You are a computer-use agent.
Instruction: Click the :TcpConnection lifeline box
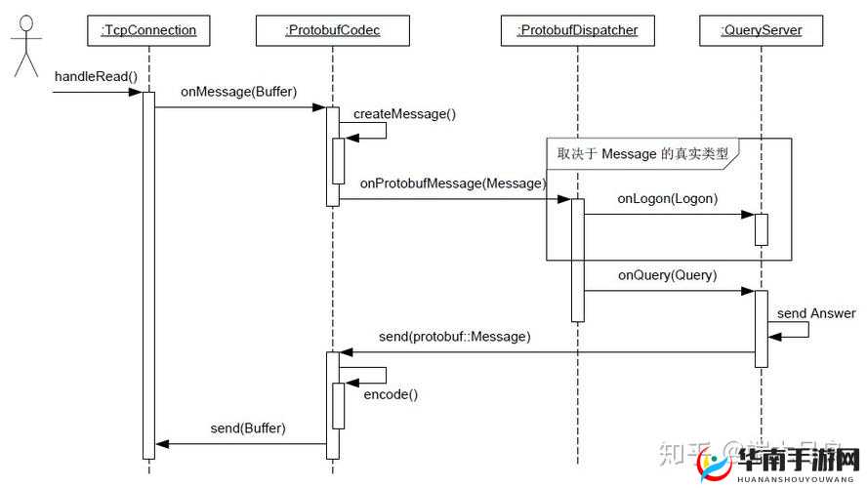(148, 30)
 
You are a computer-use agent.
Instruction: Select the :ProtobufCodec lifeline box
(332, 30)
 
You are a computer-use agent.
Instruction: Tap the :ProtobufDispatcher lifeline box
(577, 30)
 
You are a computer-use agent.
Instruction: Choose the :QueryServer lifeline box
(761, 30)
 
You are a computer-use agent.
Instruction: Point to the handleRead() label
(96, 76)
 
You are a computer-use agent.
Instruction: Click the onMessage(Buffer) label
(238, 92)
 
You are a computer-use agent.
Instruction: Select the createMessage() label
(404, 113)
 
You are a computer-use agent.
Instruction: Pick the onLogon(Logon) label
(667, 198)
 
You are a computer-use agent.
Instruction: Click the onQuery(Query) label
(667, 275)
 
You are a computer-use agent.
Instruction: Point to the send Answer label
(816, 313)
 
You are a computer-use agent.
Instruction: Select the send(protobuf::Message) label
(455, 337)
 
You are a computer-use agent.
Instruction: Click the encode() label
(391, 394)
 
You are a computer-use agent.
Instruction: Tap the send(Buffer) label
(248, 428)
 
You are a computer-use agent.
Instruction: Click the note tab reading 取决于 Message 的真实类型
(642, 153)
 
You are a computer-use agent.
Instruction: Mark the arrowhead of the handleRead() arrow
(136, 93)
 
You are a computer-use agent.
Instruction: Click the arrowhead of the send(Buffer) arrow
(163, 444)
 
